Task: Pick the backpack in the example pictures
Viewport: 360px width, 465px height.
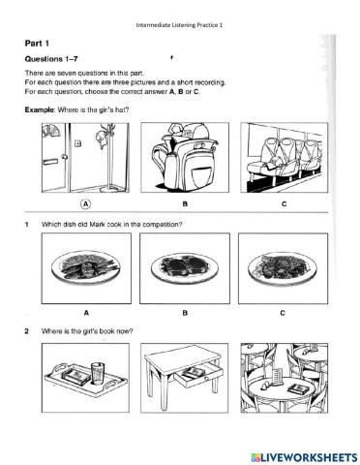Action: pyautogui.click(x=182, y=157)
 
